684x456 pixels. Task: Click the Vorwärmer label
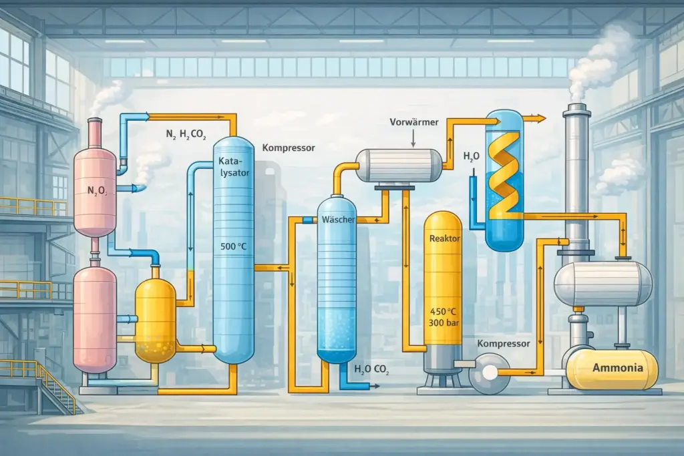click(414, 122)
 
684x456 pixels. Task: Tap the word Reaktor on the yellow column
click(444, 238)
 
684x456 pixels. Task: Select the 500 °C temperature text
click(233, 246)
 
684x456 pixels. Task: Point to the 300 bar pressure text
click(444, 323)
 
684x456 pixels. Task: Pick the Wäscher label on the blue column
click(338, 219)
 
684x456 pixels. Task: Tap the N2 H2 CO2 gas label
click(186, 134)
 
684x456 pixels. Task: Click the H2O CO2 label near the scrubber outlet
click(371, 370)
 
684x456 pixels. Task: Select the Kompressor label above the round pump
click(504, 344)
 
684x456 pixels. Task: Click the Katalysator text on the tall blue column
click(234, 167)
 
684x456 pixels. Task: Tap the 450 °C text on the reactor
click(444, 312)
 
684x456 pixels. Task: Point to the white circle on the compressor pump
click(490, 372)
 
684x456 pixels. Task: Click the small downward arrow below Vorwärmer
click(413, 139)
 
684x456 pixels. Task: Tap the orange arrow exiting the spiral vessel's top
click(535, 118)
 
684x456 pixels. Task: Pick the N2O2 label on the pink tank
click(98, 190)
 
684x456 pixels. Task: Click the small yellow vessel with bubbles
click(155, 320)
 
